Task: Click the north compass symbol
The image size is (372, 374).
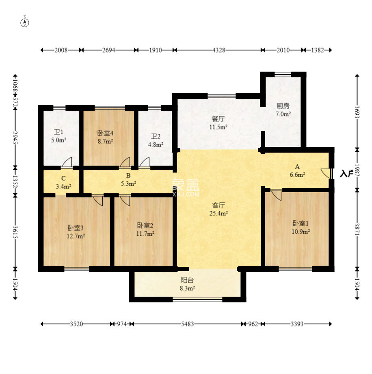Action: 25,22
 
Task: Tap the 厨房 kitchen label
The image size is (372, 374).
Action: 283,106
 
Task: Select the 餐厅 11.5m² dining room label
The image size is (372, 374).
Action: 218,123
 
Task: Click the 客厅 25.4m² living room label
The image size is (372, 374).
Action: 218,209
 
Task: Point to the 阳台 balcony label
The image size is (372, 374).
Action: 187,280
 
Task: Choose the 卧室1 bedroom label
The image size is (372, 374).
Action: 301,223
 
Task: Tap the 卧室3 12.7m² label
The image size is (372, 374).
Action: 76,232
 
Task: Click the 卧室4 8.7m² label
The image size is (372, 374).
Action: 105,137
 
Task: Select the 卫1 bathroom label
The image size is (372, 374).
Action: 58,132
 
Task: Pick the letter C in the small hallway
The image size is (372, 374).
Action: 63,178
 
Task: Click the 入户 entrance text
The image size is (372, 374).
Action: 346,173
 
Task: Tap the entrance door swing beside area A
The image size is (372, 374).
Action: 325,173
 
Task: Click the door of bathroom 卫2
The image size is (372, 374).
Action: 144,162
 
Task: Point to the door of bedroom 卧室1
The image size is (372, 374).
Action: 277,195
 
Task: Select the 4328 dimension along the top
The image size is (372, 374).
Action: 219,50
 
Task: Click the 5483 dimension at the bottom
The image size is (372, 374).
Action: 187,324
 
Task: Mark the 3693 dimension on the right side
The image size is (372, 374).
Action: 357,112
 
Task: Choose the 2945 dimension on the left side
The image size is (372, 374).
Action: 15,138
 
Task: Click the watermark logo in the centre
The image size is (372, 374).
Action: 186,188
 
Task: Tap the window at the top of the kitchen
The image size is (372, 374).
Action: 283,74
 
